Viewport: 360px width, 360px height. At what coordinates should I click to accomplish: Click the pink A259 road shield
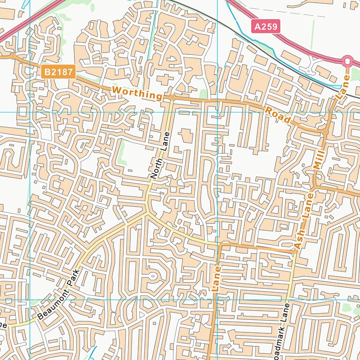[265, 27]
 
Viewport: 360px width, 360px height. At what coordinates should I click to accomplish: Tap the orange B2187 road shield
[56, 72]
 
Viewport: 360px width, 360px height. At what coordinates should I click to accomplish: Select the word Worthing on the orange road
[137, 93]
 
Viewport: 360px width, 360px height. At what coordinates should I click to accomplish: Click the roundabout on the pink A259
[347, 60]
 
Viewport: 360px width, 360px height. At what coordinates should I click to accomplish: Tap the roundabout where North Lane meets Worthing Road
[172, 97]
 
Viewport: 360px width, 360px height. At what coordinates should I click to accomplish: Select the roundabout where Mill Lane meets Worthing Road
[325, 132]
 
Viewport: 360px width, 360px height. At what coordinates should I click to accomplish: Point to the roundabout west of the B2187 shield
[13, 56]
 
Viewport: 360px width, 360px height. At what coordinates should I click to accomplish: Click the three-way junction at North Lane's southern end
[148, 212]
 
